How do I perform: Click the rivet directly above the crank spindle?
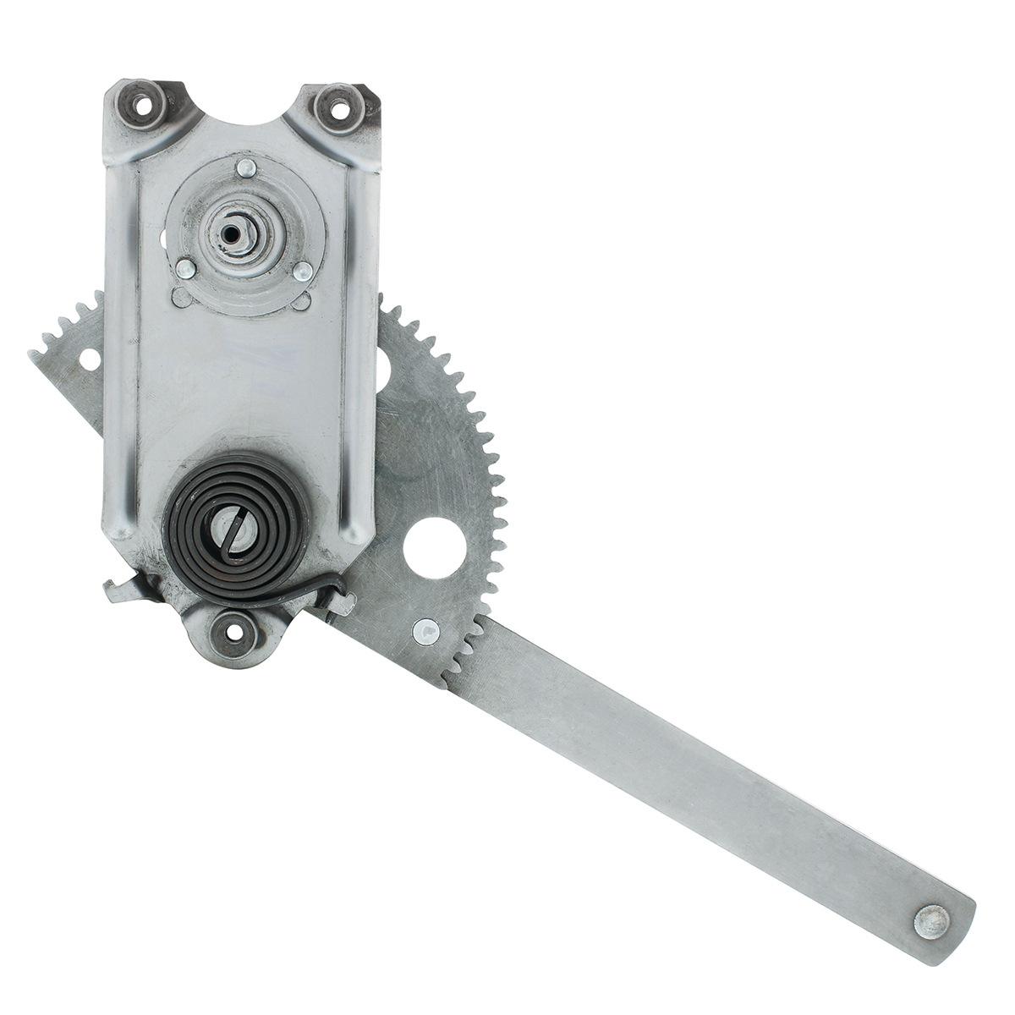click(246, 169)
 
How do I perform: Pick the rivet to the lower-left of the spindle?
click(186, 269)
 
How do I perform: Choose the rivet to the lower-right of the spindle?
click(302, 272)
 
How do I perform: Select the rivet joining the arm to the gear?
click(426, 630)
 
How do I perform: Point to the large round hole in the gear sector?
click(435, 548)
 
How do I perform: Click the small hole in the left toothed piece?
click(89, 359)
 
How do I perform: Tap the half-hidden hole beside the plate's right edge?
click(383, 365)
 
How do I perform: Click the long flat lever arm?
click(694, 761)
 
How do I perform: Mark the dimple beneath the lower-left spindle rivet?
click(181, 298)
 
